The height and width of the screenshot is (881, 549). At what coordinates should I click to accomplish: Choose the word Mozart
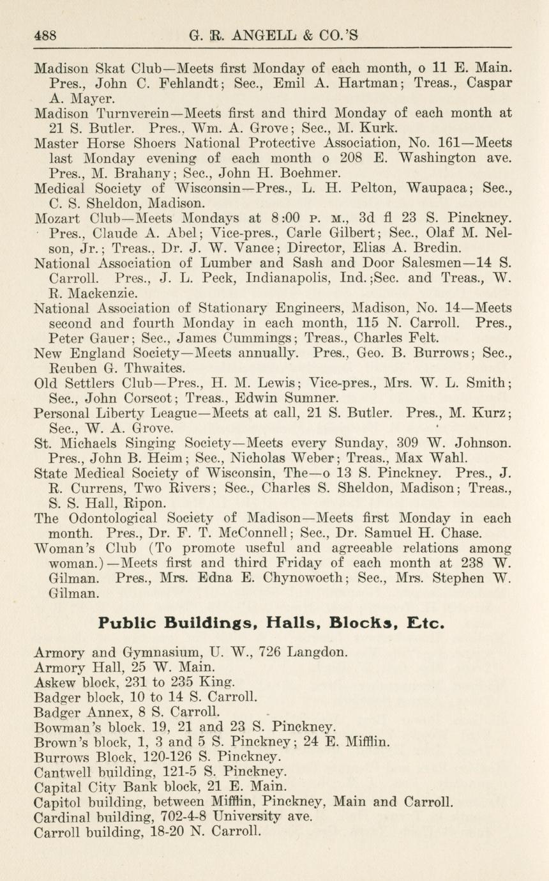[x=61, y=219]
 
